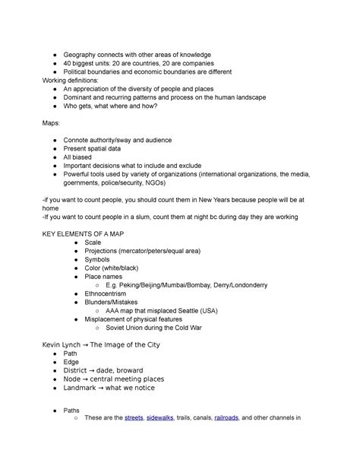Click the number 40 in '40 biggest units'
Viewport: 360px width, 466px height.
(x=68, y=63)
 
